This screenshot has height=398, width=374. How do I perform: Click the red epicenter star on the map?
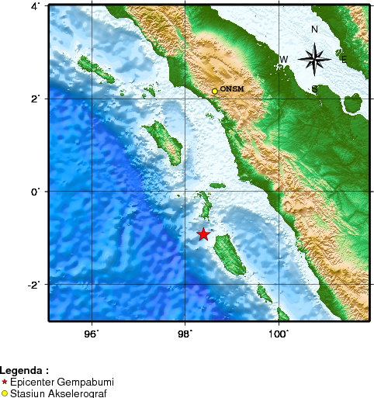[x=203, y=234]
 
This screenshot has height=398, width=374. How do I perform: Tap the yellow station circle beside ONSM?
[x=215, y=92]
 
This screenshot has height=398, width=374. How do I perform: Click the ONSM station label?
[x=232, y=89]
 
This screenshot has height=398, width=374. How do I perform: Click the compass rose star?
[x=314, y=58]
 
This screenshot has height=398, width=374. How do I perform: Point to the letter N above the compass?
[x=314, y=29]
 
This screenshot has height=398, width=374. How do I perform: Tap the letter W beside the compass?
[x=284, y=60]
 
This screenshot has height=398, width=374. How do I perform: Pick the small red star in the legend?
[x=5, y=382]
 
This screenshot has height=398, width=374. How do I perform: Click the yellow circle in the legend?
[x=5, y=393]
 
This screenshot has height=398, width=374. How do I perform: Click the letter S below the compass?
[x=314, y=89]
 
